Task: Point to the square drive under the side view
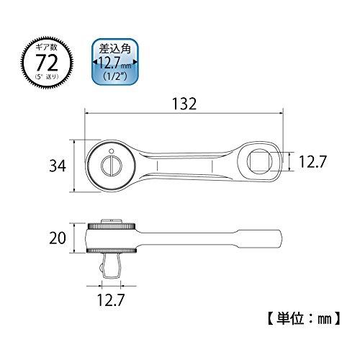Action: (x=112, y=267)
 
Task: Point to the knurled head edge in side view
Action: (x=112, y=228)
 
